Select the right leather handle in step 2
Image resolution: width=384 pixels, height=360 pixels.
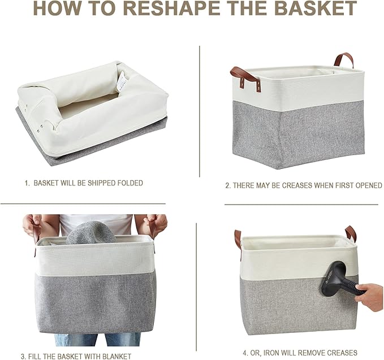(x=343, y=59)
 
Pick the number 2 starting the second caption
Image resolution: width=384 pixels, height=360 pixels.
(x=227, y=185)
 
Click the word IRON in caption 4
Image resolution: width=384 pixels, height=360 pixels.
(x=268, y=353)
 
